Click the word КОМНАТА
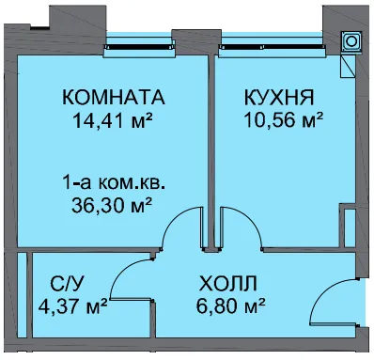[114, 97]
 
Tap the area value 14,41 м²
[113, 120]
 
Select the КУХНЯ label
[279, 97]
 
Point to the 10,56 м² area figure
[284, 120]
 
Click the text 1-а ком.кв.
[114, 182]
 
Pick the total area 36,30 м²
[112, 205]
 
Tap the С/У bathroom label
[67, 284]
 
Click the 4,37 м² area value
[73, 306]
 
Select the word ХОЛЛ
[228, 283]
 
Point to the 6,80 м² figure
[231, 305]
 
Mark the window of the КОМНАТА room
[139, 46]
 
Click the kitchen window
[273, 46]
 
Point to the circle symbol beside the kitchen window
[351, 41]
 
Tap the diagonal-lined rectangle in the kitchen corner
[348, 66]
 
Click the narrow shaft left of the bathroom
[22, 294]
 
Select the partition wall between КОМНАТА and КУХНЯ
[211, 150]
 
